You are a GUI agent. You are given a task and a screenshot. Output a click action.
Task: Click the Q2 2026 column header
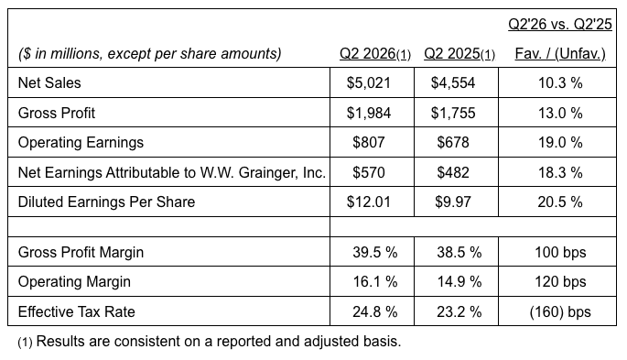pyautogui.click(x=375, y=54)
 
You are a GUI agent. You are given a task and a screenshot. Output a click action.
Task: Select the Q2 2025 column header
pyautogui.click(x=459, y=54)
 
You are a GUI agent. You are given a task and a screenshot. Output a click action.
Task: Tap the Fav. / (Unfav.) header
pyautogui.click(x=560, y=54)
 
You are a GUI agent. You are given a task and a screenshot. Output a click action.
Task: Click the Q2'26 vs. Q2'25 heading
pyautogui.click(x=560, y=25)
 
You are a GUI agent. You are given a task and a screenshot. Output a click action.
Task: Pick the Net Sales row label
pyautogui.click(x=49, y=82)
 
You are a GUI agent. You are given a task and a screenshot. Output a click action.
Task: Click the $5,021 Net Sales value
pyautogui.click(x=368, y=82)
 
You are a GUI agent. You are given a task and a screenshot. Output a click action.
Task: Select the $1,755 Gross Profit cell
pyautogui.click(x=453, y=114)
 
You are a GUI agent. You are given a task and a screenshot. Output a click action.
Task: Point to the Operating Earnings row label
pyautogui.click(x=81, y=143)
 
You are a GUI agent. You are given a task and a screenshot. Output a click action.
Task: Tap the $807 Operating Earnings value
pyautogui.click(x=369, y=142)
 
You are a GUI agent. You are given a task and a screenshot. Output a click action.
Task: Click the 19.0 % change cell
pyautogui.click(x=560, y=142)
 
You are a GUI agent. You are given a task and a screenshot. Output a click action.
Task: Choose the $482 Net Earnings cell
pyautogui.click(x=453, y=172)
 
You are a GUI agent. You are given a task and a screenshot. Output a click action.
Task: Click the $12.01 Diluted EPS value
pyautogui.click(x=368, y=202)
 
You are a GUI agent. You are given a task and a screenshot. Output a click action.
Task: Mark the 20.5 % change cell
pyautogui.click(x=560, y=202)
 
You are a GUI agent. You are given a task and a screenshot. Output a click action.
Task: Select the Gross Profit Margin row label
pyautogui.click(x=81, y=253)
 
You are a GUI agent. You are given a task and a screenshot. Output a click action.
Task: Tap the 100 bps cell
pyautogui.click(x=560, y=253)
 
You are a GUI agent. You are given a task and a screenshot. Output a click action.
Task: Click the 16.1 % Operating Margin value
pyautogui.click(x=375, y=282)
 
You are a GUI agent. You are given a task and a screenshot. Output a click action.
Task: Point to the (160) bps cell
pyautogui.click(x=560, y=312)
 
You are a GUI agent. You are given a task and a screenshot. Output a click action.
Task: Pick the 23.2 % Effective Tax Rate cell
pyautogui.click(x=459, y=312)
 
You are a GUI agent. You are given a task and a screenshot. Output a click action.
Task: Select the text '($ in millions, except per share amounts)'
pyautogui.click(x=150, y=54)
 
